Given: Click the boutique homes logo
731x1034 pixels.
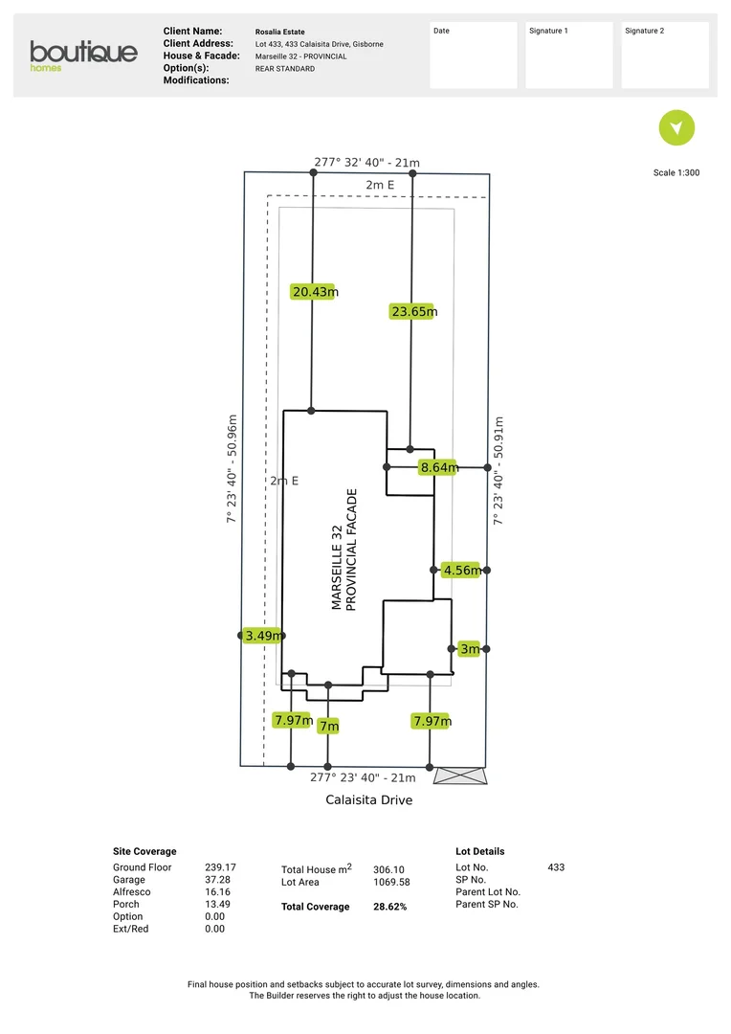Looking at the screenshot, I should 83,55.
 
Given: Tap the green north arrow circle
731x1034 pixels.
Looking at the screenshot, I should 676,127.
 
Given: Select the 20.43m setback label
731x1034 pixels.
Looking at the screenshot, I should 314,292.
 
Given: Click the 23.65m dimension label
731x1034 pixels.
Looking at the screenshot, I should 413,311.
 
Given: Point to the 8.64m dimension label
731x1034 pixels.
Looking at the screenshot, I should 438,467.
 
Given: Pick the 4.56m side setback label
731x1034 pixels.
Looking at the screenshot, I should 461,570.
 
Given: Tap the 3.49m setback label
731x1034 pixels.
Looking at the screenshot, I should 262,635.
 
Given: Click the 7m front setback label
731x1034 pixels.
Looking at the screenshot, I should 328,726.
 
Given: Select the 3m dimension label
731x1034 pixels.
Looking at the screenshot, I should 469,649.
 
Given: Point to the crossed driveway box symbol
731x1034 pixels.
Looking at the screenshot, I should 460,775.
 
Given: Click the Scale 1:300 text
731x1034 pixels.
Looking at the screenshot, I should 676,173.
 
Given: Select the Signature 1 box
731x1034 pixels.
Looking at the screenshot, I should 568,56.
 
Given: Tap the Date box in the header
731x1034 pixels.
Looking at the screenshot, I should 473,56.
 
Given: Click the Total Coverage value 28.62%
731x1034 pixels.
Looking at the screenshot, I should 389,906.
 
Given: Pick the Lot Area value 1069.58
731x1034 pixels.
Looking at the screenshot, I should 391,882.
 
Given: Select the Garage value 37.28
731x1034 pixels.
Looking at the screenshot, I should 220,880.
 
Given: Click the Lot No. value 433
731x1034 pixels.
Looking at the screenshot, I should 556,867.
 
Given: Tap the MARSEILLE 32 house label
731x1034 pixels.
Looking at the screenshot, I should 336,568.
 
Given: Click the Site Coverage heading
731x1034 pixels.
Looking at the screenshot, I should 144,851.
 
